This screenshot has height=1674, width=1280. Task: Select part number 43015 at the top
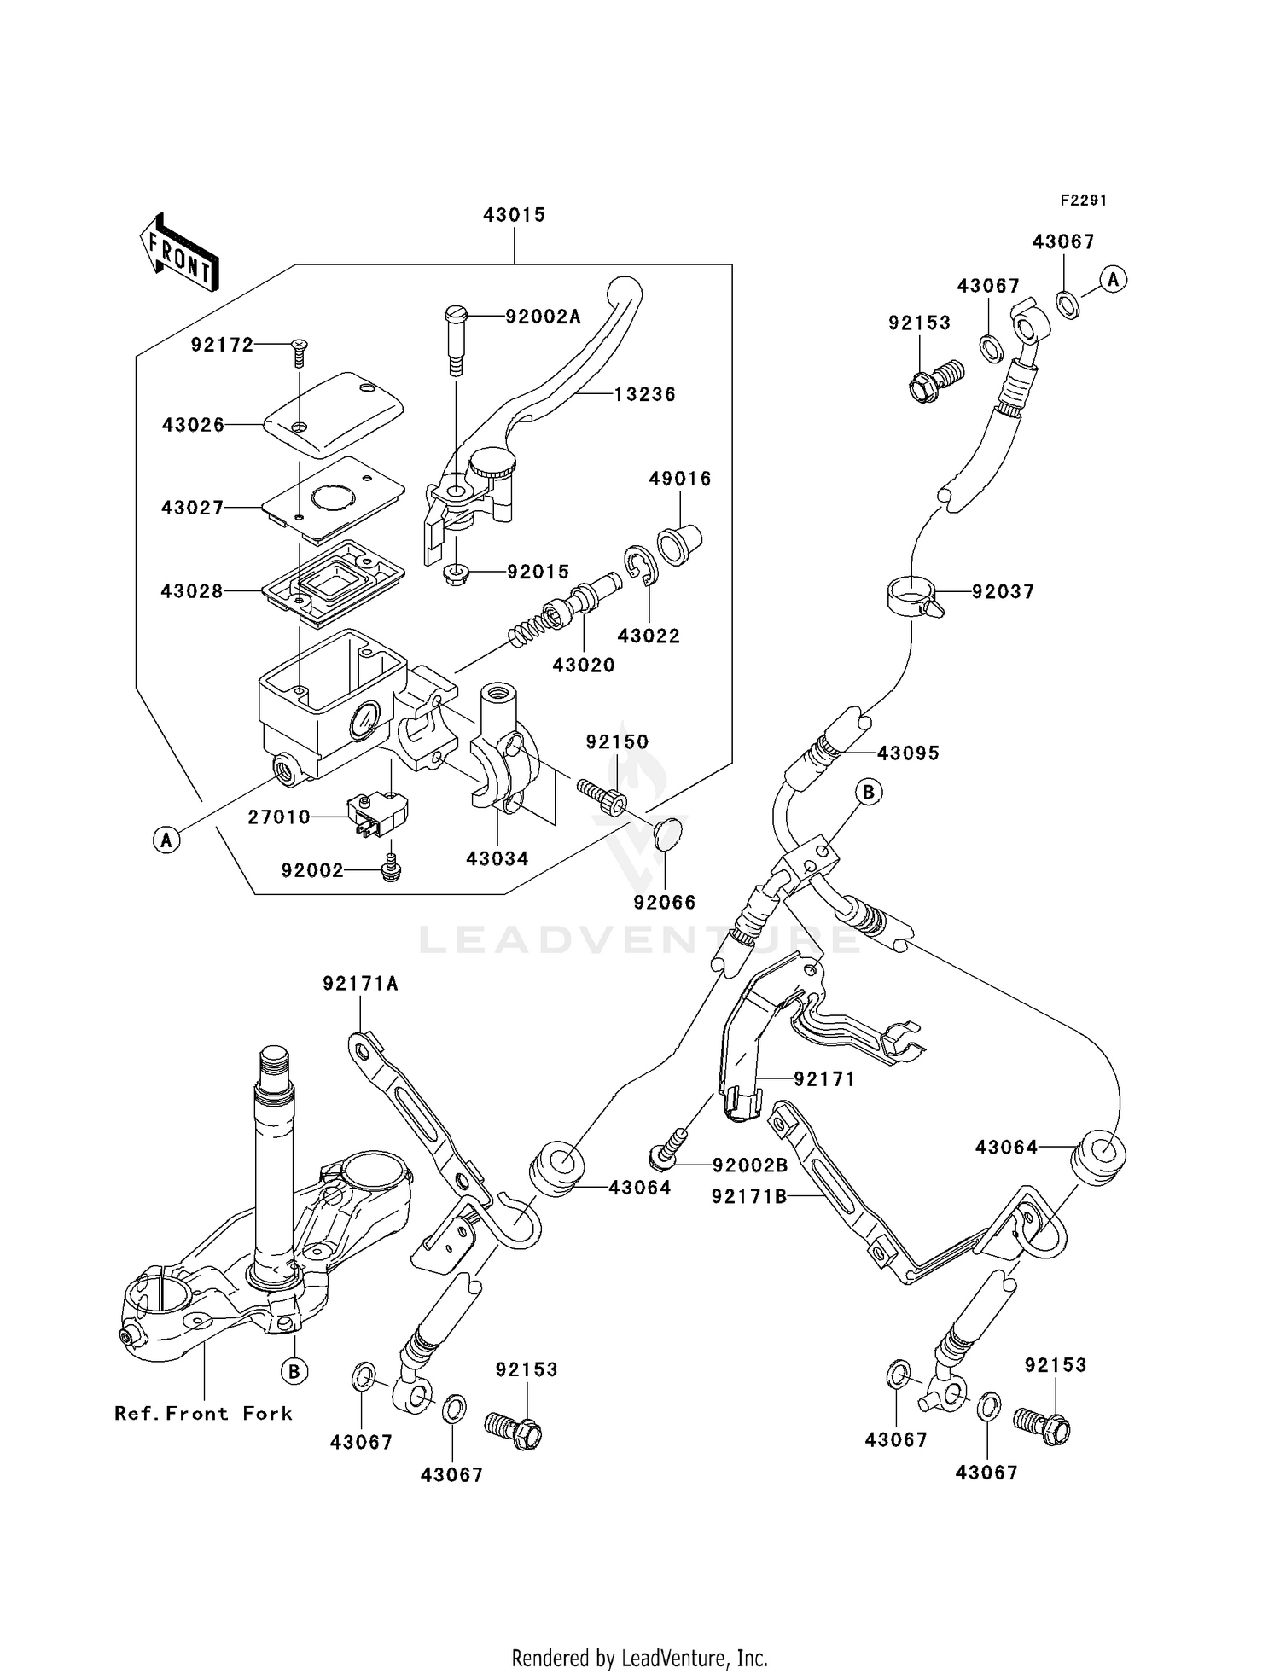pos(514,215)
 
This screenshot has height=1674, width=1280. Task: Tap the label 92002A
pos(543,317)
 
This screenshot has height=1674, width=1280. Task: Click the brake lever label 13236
pos(644,394)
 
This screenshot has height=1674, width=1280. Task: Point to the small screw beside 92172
pos(300,348)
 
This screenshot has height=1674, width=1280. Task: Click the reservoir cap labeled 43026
pos(333,414)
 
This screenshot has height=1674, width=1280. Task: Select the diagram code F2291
pos(1083,201)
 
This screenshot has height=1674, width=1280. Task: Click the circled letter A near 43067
pos(1113,279)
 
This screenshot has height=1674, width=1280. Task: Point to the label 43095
pos(908,753)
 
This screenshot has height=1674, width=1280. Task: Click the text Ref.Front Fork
pos(203,1413)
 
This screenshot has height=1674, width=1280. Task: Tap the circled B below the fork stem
pos(294,1370)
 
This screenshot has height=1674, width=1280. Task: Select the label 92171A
pos(360,984)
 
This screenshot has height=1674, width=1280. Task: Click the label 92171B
pos(749,1197)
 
